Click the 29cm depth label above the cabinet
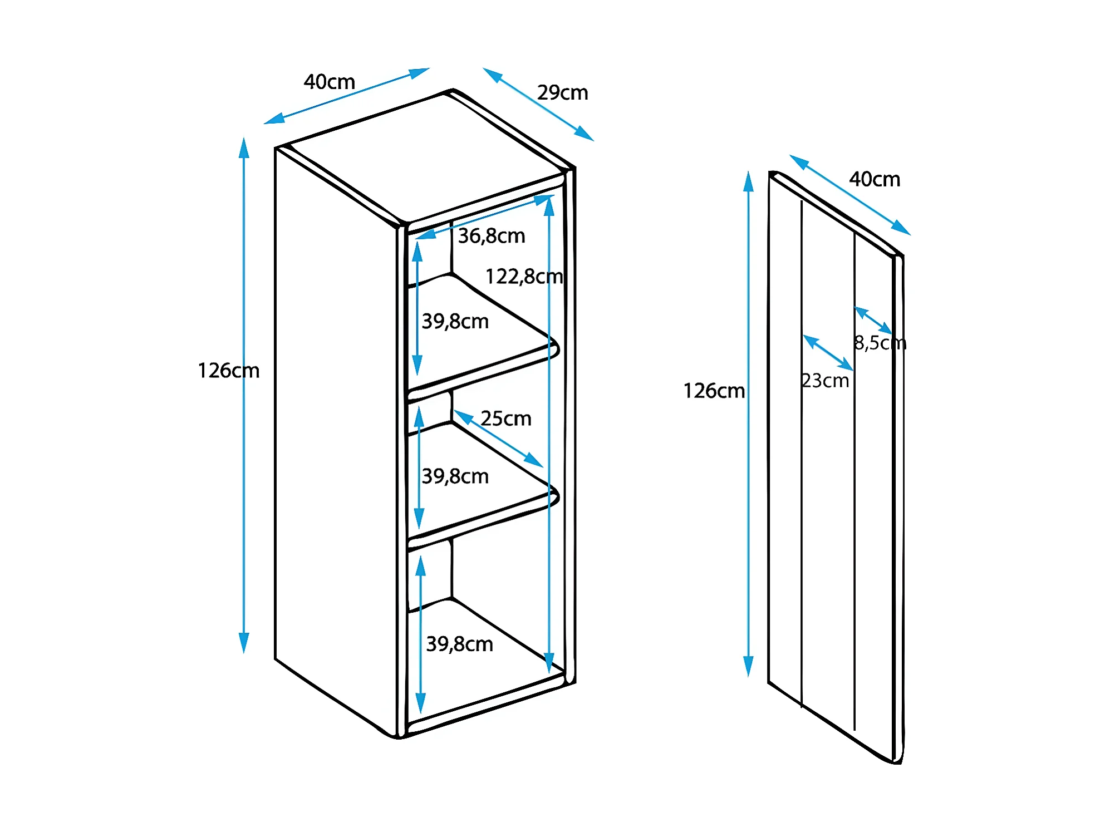[562, 93]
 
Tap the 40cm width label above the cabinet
[329, 82]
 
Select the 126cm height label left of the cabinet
[228, 371]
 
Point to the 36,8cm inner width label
[492, 237]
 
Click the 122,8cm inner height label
[524, 277]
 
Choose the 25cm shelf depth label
[505, 419]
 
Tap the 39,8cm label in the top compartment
[455, 322]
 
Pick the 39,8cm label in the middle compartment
[455, 476]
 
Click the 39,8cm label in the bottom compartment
[459, 644]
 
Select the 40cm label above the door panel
[874, 180]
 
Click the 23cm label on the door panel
[825, 381]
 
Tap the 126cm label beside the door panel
[714, 391]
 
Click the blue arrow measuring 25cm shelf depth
[498, 439]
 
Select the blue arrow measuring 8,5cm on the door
[873, 320]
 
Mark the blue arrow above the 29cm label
[538, 104]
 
